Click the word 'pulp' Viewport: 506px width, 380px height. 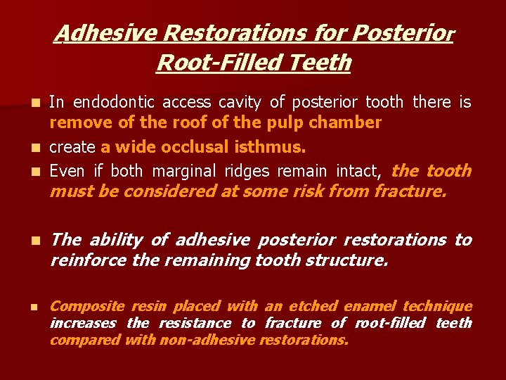[x=289, y=122]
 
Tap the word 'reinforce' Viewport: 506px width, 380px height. [x=83, y=260]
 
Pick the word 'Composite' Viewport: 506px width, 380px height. [x=77, y=306]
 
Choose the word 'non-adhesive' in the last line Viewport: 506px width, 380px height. [x=214, y=340]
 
